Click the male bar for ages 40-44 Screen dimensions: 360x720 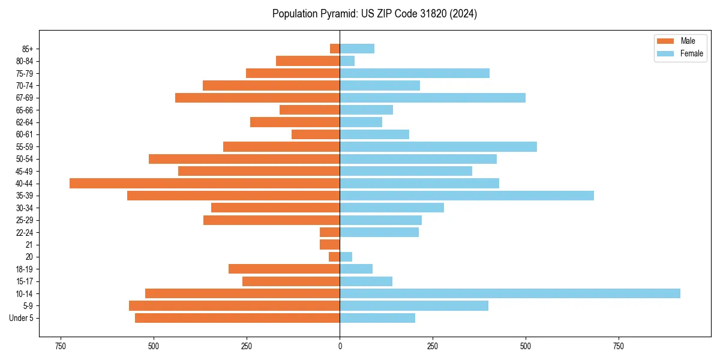pyautogui.click(x=205, y=184)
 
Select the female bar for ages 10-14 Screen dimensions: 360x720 pyautogui.click(x=510, y=293)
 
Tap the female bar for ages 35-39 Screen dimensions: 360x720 pyautogui.click(x=467, y=196)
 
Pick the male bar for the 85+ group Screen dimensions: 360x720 pyautogui.click(x=335, y=49)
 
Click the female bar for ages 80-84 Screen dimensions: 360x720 pyautogui.click(x=347, y=61)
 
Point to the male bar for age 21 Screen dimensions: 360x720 pyautogui.click(x=330, y=245)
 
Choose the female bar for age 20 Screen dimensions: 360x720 pyautogui.click(x=346, y=257)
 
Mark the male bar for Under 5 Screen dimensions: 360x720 pyautogui.click(x=238, y=318)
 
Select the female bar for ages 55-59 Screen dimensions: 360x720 pyautogui.click(x=439, y=147)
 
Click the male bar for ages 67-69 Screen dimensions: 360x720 pyautogui.click(x=257, y=98)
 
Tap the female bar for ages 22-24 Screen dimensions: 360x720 pyautogui.click(x=379, y=232)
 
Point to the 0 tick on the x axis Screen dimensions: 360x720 pyautogui.click(x=340, y=346)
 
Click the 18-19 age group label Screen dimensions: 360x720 pyautogui.click(x=25, y=269)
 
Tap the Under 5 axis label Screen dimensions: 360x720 pyautogui.click(x=21, y=318)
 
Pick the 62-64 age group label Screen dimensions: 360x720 pyautogui.click(x=25, y=122)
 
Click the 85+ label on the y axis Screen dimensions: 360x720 pyautogui.click(x=28, y=49)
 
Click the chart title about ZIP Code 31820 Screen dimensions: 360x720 pyautogui.click(x=374, y=14)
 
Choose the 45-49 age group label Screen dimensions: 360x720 pyautogui.click(x=25, y=172)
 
